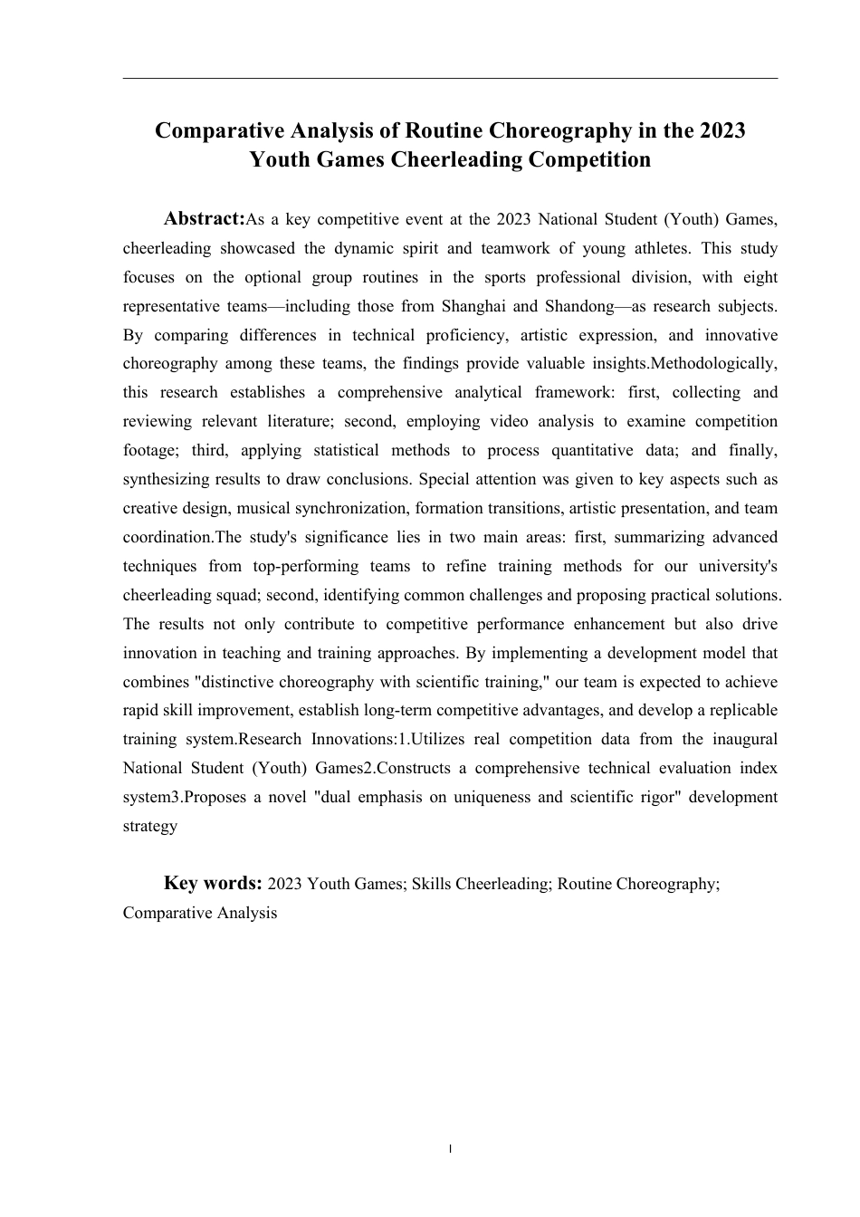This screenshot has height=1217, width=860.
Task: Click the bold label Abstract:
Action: pos(205,219)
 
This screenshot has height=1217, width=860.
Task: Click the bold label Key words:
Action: pos(213,884)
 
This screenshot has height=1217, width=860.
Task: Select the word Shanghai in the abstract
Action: pos(473,306)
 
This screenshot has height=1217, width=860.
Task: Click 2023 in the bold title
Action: pos(721,130)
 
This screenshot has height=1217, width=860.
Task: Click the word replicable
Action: pos(739,710)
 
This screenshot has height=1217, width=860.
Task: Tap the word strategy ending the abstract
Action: pos(150,826)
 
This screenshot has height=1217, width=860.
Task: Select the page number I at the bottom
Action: pos(450,1149)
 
